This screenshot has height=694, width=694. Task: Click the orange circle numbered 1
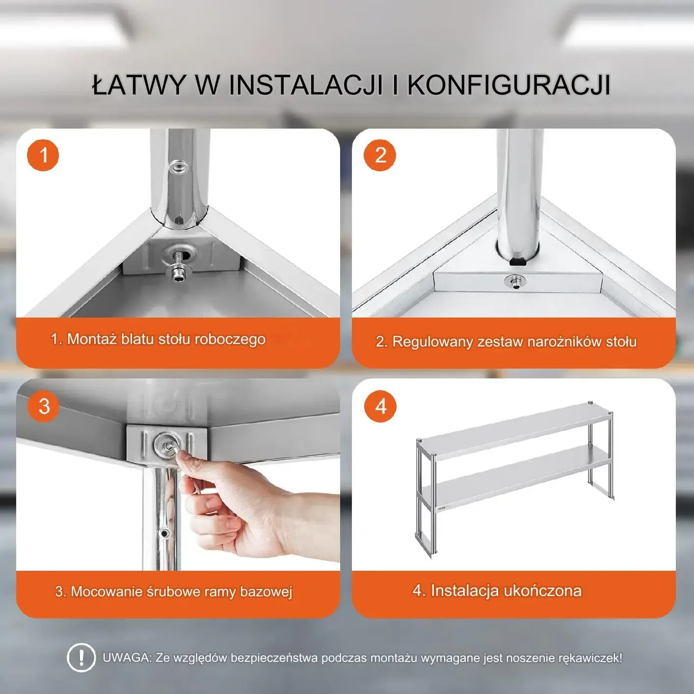point(43,155)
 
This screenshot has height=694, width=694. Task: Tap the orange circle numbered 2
point(379,155)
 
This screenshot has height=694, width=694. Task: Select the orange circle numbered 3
point(44,406)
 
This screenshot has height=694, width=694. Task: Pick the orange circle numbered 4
point(380,406)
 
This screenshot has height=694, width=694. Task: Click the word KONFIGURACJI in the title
point(508,85)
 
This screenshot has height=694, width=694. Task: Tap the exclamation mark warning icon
point(81,658)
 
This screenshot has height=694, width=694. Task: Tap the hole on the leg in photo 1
point(179,167)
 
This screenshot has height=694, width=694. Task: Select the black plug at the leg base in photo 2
point(518,262)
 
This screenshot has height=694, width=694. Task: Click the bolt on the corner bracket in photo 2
point(515,281)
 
